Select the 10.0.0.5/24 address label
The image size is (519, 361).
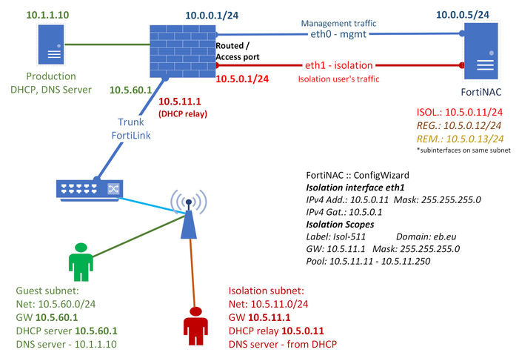click(476, 13)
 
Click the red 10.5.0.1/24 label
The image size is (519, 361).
click(241, 78)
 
